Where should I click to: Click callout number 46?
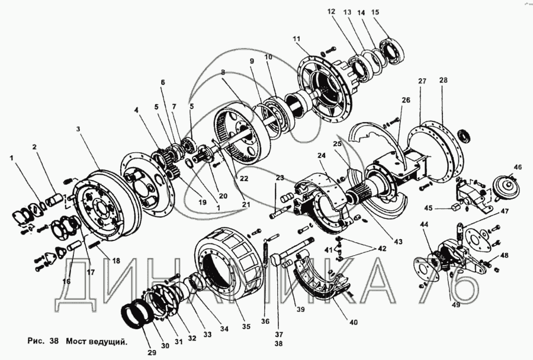point(518,167)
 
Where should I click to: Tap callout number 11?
point(297,38)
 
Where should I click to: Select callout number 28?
point(443,80)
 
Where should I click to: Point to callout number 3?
point(78,129)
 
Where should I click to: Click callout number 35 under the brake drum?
point(246,326)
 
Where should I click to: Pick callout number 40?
point(354,322)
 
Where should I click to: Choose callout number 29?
point(152,352)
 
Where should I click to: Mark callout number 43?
point(398,242)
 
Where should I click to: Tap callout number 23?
point(280,178)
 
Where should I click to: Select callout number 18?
point(116,261)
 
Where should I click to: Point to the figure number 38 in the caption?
point(54,340)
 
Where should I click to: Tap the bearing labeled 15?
point(392,52)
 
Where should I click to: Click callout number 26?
point(406,100)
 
